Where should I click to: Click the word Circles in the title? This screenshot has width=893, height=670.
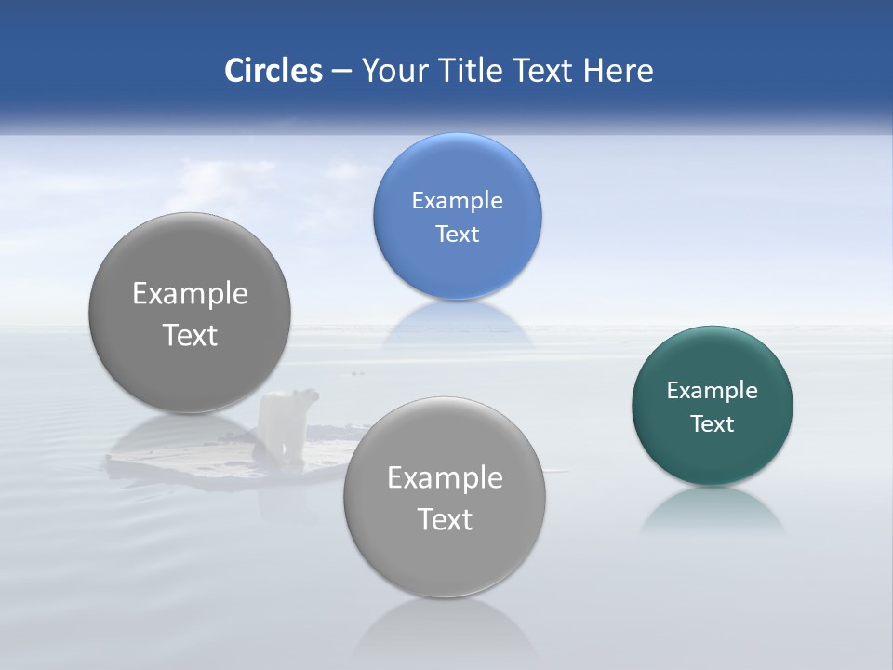(x=273, y=71)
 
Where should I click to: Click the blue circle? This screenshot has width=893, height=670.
(x=457, y=177)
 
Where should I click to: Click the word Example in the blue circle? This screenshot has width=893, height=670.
(x=457, y=200)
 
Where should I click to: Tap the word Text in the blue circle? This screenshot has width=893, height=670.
(x=457, y=234)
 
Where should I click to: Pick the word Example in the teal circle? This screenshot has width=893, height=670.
(x=713, y=390)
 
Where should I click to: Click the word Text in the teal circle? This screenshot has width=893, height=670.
(x=713, y=423)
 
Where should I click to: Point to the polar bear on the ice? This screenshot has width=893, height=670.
(x=288, y=423)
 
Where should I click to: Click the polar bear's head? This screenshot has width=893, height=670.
(x=307, y=397)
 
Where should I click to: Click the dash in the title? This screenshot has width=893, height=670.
(x=341, y=71)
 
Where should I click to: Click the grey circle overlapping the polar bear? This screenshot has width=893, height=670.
(x=445, y=497)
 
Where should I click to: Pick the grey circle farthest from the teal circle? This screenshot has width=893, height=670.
(x=190, y=313)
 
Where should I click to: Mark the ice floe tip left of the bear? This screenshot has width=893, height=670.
(x=116, y=458)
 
